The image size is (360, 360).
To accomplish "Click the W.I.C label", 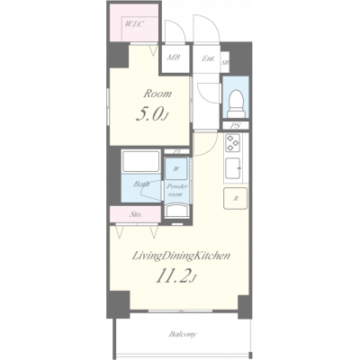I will click(x=134, y=24).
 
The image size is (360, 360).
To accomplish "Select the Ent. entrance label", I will click(x=209, y=61).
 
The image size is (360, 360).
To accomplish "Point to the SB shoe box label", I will click(x=225, y=62).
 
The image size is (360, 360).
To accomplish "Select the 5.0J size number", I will click(x=151, y=114).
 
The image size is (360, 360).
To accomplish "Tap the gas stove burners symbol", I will click(x=232, y=144).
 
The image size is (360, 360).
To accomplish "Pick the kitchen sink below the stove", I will click(x=232, y=167).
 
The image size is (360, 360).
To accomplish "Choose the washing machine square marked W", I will click(x=176, y=168).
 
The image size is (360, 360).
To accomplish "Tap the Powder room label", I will click(x=176, y=190).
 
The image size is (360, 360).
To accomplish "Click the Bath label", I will click(x=141, y=186).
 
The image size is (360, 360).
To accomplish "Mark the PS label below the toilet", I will click(x=236, y=125).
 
